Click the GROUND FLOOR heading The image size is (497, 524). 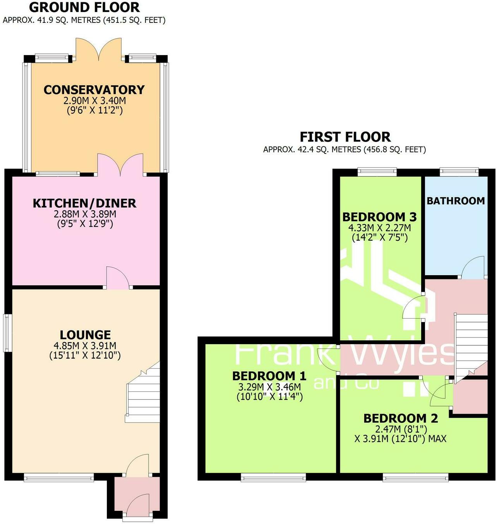click(x=84, y=7)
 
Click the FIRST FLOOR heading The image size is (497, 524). click(x=345, y=137)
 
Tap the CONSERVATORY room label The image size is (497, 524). click(x=94, y=90)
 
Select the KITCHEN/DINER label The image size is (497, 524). click(x=84, y=203)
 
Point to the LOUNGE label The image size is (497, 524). click(x=85, y=334)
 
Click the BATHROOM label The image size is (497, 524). click(x=456, y=201)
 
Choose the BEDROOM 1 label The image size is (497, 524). click(x=269, y=376)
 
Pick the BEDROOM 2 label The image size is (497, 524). click(x=401, y=418)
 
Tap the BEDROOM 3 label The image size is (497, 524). click(x=379, y=217)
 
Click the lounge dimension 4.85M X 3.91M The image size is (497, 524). click(x=85, y=346)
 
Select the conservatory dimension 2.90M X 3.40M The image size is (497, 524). click(x=94, y=101)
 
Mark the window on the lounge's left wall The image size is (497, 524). click(x=7, y=333)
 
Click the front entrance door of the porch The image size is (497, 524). click(x=138, y=506)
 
